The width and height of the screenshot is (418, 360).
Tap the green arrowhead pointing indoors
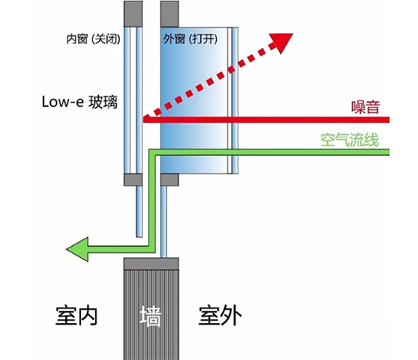click(78, 249)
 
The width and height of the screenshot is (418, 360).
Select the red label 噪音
click(366, 107)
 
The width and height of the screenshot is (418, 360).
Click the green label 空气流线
click(350, 140)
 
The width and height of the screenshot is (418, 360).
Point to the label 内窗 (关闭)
click(93, 39)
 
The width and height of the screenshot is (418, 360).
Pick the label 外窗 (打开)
click(191, 39)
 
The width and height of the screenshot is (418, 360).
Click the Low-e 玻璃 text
click(80, 102)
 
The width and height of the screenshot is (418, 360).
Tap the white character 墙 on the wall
click(150, 316)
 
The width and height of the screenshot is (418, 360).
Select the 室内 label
click(76, 316)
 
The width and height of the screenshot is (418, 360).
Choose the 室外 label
click(220, 316)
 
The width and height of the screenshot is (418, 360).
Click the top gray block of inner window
click(133, 14)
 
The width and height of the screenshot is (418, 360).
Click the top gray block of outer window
click(170, 14)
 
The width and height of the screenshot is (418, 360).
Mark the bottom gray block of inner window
click(133, 180)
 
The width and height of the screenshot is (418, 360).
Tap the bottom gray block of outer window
click(170, 180)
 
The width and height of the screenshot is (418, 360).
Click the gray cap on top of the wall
click(151, 264)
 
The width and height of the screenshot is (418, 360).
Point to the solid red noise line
click(266, 120)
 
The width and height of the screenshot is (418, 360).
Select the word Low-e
click(63, 102)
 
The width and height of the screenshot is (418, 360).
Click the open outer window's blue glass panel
click(195, 100)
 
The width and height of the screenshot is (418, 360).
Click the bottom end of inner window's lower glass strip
click(139, 236)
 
